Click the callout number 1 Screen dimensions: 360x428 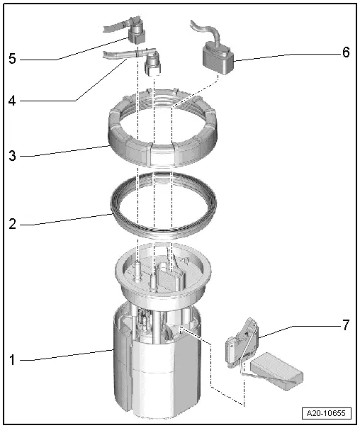point(12,360)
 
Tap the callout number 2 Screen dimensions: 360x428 point(12,224)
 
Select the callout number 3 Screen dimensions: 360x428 point(12,156)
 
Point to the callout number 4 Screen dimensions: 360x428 point(12,101)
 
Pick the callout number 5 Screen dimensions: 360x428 point(12,58)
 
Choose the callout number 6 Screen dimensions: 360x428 point(346,52)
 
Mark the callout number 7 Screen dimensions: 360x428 point(346,325)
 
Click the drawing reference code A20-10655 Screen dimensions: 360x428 point(326,413)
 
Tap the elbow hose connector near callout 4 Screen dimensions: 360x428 point(152,63)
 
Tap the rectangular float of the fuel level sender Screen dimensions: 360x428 point(276,371)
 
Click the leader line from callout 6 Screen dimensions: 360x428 point(288,57)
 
